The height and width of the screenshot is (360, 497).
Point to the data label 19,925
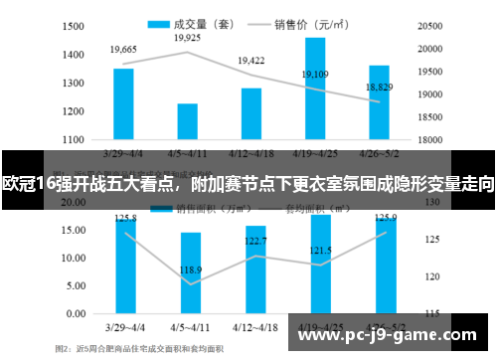click(x=187, y=38)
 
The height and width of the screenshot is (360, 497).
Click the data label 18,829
click(x=380, y=88)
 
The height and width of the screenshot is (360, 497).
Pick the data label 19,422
click(x=251, y=61)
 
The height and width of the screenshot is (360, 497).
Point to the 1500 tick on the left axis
click(x=72, y=27)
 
